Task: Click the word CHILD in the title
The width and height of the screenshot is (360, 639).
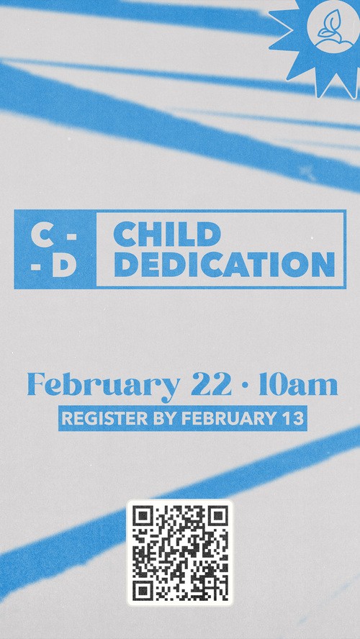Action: coord(167,235)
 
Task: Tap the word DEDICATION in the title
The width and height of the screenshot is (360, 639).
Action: coord(225,265)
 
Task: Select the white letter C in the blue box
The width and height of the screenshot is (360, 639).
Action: coord(42,236)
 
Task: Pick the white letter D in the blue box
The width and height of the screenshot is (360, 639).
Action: coord(65,266)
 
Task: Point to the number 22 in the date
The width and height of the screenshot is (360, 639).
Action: coord(211,384)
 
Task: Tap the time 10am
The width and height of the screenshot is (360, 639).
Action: coord(298,385)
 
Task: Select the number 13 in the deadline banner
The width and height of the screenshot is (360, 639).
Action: coord(294,419)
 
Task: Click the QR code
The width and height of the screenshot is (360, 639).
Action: coord(180,553)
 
